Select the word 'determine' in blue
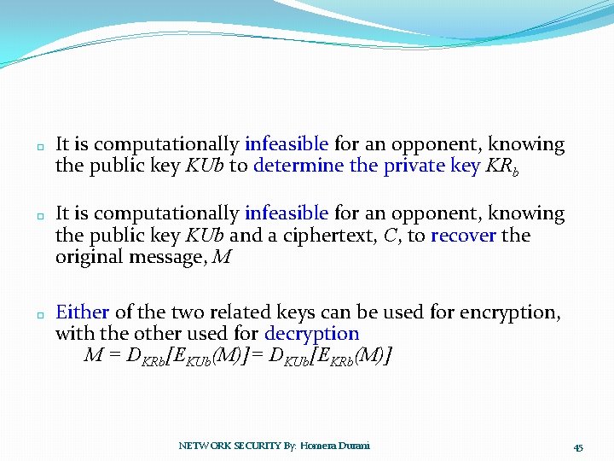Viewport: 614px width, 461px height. [x=298, y=166]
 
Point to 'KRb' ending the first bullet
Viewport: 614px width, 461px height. [x=501, y=166]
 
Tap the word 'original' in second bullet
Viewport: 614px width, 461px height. [x=90, y=256]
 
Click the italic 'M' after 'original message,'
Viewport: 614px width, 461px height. [x=220, y=256]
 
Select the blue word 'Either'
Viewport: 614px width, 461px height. [x=82, y=312]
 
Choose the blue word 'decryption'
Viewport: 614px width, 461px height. [x=311, y=334]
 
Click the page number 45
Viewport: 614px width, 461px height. [x=577, y=447]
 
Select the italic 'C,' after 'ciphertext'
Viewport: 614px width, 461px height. [x=393, y=235]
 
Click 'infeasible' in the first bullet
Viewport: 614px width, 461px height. [x=287, y=144]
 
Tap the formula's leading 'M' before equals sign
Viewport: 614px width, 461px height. [x=92, y=354]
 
